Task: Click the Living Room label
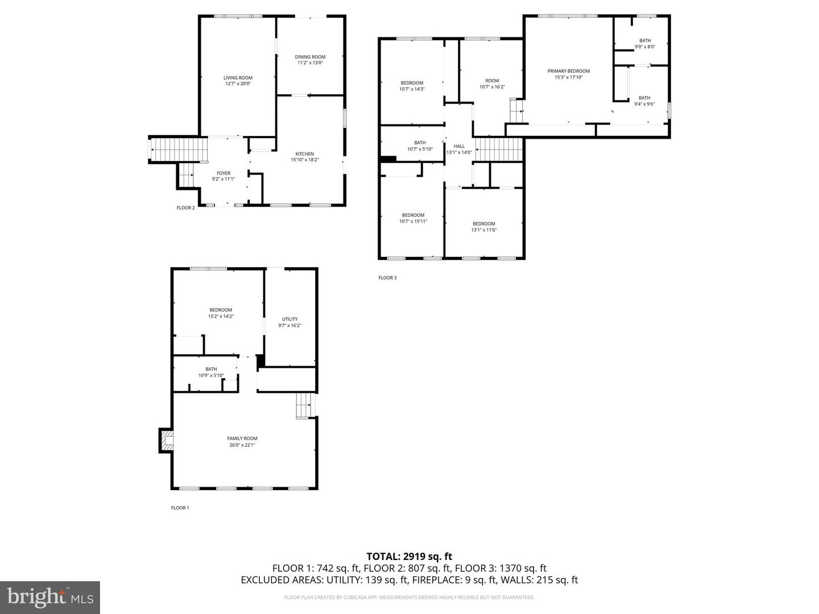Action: [238, 81]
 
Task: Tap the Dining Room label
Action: [310, 60]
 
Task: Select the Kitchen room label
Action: [304, 157]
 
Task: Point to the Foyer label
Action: [224, 176]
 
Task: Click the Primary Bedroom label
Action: [568, 74]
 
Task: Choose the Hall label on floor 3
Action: [459, 149]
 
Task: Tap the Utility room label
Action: [289, 322]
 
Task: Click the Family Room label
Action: [242, 442]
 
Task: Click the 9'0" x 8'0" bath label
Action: [644, 43]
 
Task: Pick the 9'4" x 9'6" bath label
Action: [644, 101]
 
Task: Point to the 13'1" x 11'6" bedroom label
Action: [483, 226]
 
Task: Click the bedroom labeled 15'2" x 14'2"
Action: [221, 313]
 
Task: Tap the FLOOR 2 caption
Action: [185, 208]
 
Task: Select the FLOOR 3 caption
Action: [387, 278]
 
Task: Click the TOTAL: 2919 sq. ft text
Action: [409, 557]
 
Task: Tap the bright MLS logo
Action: [50, 597]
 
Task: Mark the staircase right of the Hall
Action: [499, 150]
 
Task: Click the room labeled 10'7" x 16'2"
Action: [492, 84]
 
